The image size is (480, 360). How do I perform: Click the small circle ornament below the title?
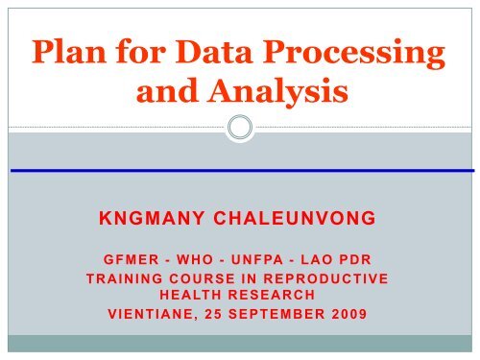click(241, 128)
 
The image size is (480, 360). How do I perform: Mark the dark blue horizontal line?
click(240, 170)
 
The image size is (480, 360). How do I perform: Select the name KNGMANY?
click(152, 218)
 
